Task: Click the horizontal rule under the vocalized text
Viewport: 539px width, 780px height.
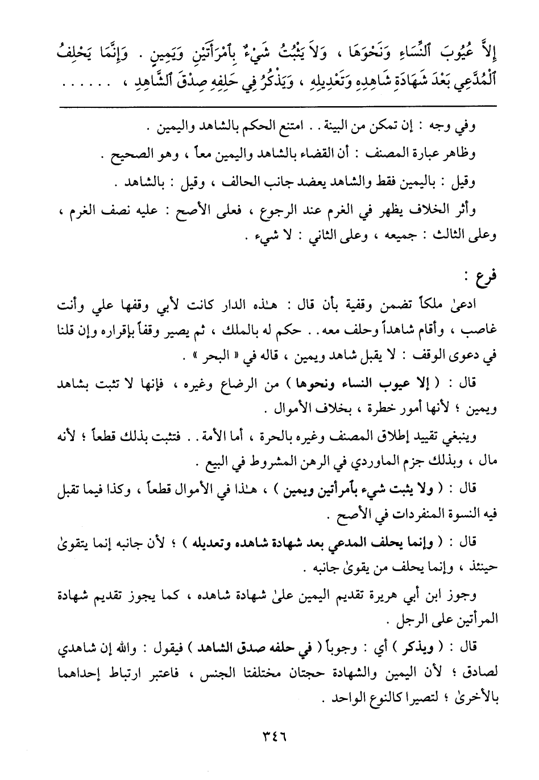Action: pyautogui.click(x=269, y=105)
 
